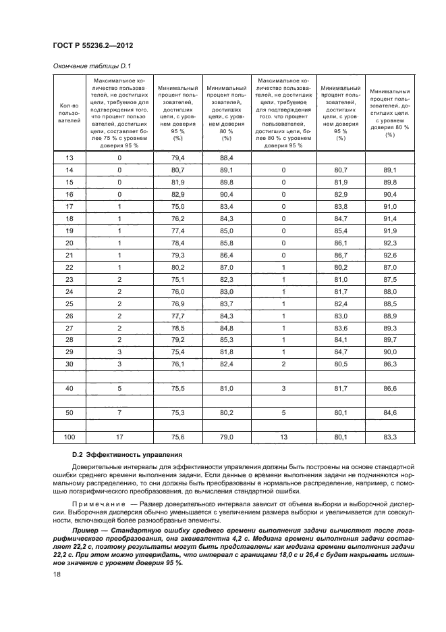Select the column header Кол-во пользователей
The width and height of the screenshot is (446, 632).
[69, 113]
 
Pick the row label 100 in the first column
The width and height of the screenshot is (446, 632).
[69, 438]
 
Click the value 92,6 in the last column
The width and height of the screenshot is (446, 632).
[389, 255]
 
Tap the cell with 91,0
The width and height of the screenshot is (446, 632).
[389, 206]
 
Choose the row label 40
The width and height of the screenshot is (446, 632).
[69, 389]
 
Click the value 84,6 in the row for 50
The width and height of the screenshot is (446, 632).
[389, 414]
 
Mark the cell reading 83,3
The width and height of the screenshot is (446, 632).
[389, 438]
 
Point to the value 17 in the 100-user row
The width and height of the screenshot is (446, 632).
[119, 438]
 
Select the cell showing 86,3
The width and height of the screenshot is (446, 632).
[389, 364]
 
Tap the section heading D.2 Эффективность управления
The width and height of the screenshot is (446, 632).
[124, 454]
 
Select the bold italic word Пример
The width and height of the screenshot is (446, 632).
[88, 530]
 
